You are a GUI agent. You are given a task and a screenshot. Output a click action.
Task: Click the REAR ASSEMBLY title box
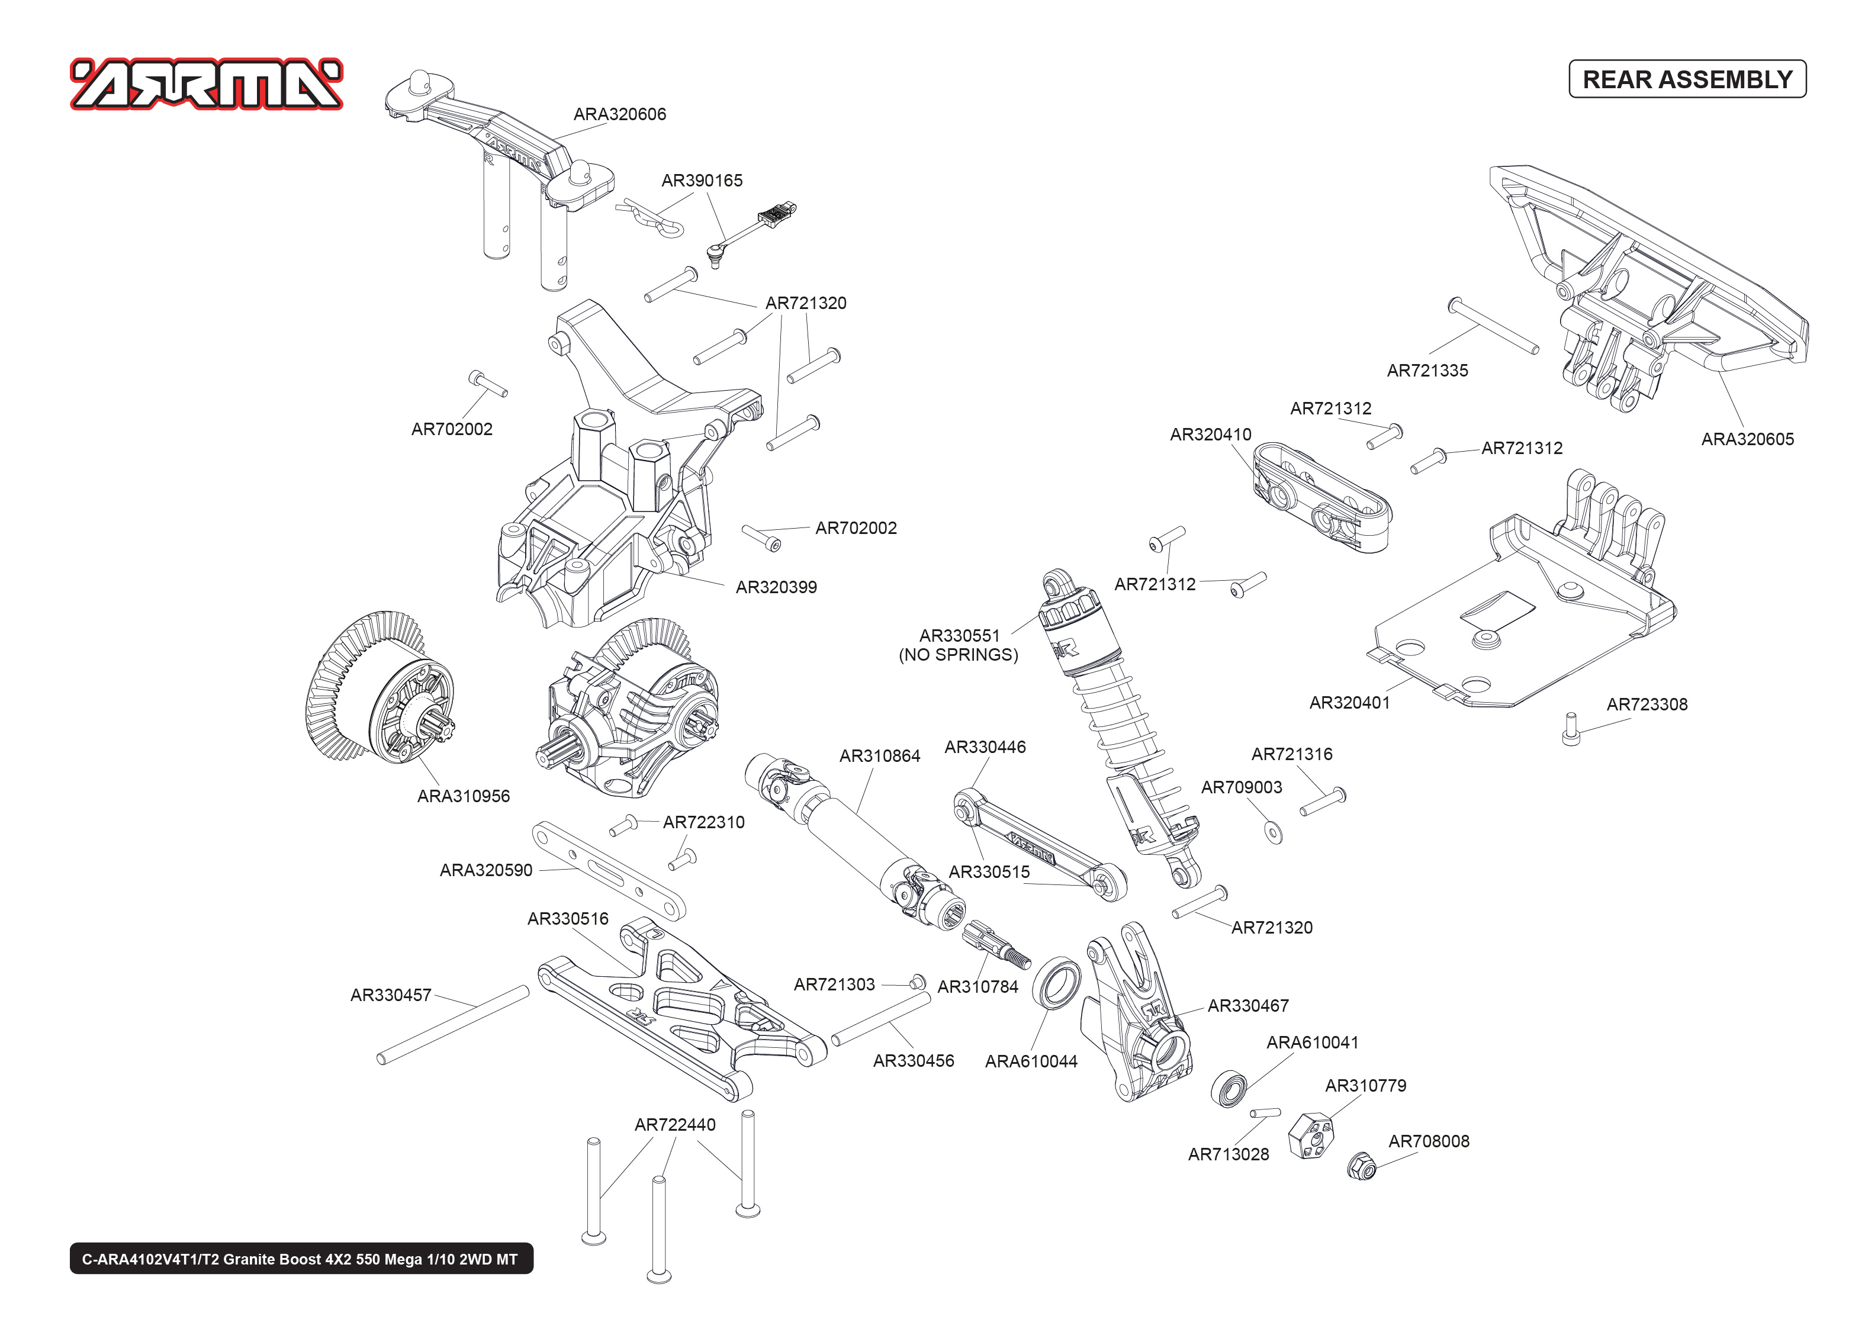tap(1686, 79)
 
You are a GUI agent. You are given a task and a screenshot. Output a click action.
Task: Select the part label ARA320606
tap(619, 115)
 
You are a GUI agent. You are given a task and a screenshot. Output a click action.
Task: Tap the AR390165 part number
tap(702, 181)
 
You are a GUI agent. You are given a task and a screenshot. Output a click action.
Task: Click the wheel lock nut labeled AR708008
tap(1361, 1164)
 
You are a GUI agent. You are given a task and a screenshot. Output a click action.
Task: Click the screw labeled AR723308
tap(1571, 729)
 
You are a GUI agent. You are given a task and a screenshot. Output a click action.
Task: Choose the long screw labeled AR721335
tap(1493, 326)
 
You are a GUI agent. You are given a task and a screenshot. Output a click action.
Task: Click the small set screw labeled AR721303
tap(918, 982)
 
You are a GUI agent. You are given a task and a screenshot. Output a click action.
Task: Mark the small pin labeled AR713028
tap(1265, 1114)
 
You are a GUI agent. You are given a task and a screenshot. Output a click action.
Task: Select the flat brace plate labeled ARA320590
tap(609, 871)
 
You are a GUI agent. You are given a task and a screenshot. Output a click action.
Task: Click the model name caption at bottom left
tap(301, 1259)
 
